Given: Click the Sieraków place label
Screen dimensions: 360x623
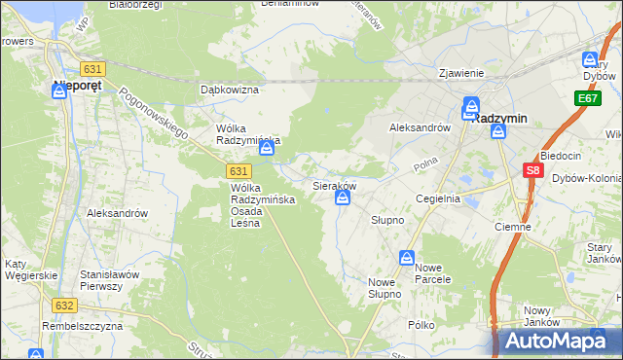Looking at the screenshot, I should point(333,184).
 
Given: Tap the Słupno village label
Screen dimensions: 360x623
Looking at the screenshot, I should point(386,220).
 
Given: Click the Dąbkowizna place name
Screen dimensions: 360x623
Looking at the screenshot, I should point(229,90).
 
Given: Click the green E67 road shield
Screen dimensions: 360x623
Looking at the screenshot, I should point(587,99).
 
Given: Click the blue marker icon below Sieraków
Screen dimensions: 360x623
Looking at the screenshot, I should point(343,198).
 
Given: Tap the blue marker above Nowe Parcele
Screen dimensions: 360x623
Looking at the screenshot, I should point(407,258).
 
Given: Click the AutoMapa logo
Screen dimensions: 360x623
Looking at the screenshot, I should point(555,341).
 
